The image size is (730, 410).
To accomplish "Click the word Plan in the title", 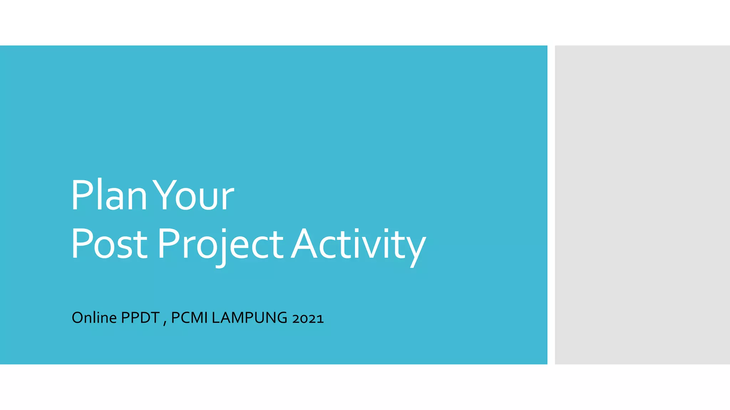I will [109, 195].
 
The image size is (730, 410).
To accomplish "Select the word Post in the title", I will [109, 244].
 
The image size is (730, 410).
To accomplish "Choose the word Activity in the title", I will [358, 244].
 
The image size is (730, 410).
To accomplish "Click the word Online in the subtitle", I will [94, 317].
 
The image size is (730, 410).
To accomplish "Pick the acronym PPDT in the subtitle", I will [140, 317].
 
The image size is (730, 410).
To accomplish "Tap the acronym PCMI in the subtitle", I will [189, 317].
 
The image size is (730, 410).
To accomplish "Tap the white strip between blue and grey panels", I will [551, 205].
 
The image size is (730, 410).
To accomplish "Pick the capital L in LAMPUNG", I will [215, 317].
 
